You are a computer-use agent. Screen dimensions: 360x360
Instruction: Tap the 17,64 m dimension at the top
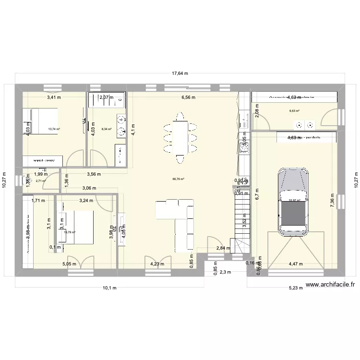pyautogui.click(x=179, y=74)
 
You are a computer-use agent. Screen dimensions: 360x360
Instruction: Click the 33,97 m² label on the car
pyautogui.click(x=294, y=201)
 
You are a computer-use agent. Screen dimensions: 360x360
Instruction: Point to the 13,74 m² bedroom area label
pyautogui.click(x=54, y=129)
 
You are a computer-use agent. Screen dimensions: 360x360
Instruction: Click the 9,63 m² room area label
pyautogui.click(x=294, y=111)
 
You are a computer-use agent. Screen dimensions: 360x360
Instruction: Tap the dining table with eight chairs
pyautogui.click(x=180, y=138)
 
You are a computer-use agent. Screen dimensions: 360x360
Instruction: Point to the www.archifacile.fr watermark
pyautogui.click(x=330, y=285)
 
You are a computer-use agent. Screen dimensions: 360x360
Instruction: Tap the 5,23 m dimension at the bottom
pyautogui.click(x=296, y=288)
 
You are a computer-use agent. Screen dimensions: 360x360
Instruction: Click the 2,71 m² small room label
pyautogui.click(x=40, y=181)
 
